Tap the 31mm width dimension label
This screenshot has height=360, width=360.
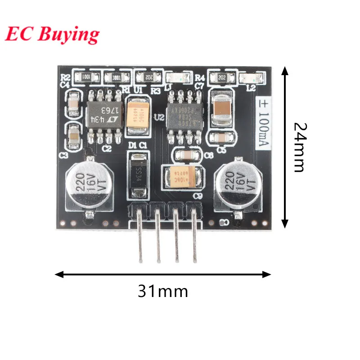162,292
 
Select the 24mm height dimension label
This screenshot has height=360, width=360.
299,147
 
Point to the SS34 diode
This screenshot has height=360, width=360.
139,175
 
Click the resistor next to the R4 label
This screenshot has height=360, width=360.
221,78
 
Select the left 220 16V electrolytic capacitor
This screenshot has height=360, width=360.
86,184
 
